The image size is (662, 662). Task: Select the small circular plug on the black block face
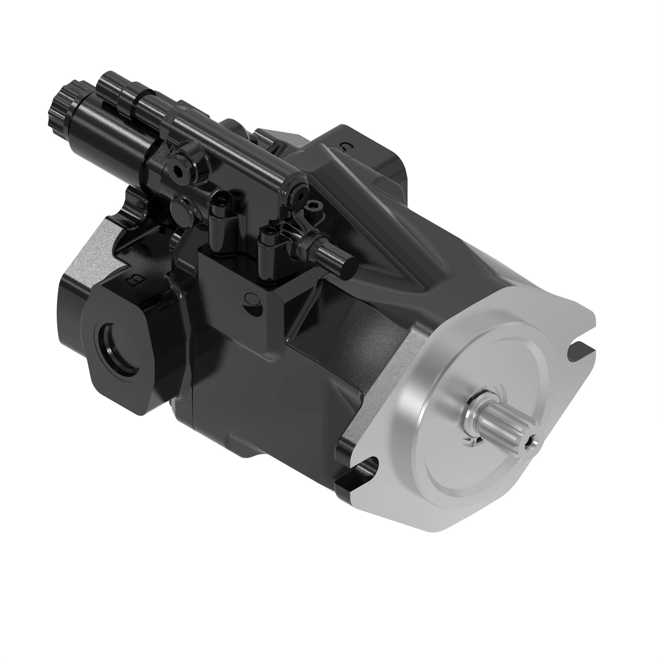coord(252,299)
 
